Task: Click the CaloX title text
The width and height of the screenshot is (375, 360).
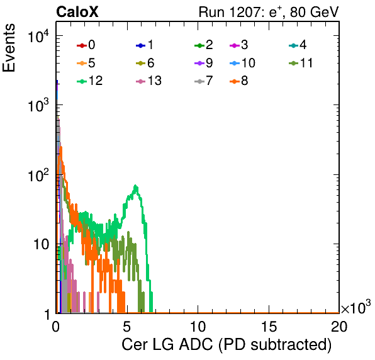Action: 77,12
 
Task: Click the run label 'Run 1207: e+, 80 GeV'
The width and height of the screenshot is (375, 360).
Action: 269,12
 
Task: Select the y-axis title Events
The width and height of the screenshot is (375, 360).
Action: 9,48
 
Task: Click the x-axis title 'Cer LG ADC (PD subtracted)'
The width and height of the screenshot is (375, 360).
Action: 227,344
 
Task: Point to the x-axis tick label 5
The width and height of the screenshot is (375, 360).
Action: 126,326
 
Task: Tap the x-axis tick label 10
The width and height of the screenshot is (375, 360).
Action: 198,326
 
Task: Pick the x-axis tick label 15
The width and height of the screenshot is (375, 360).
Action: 269,326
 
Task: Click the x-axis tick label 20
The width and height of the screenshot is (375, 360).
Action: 339,326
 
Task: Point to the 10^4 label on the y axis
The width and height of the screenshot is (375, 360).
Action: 38,36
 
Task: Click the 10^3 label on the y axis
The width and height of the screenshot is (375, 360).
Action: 38,105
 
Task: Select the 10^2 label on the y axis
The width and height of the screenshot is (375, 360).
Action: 38,175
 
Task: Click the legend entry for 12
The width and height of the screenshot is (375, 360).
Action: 90,81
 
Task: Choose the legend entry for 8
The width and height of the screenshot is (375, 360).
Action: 238,81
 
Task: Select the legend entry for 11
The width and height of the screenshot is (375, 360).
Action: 301,63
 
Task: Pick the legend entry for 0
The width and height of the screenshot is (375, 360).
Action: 86,45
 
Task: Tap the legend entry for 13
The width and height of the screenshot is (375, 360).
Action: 148,81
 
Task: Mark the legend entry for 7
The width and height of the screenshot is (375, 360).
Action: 204,81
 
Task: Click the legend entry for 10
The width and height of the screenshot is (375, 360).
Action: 242,63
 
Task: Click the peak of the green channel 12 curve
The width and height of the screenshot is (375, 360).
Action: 136,186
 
